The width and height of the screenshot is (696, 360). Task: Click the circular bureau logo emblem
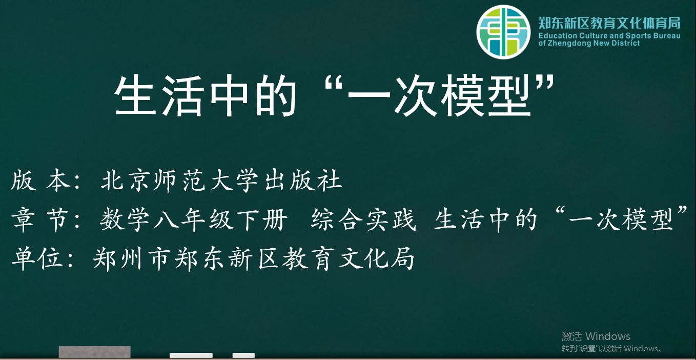click(503, 32)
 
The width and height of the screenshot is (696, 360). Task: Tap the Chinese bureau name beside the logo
click(609, 23)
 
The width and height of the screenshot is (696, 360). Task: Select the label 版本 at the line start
click(40, 181)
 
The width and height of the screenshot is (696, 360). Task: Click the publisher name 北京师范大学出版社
click(221, 181)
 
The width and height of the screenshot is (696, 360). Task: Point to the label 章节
click(40, 219)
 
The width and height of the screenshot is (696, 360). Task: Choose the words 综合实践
click(363, 219)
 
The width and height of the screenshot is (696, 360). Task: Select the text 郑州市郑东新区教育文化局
click(254, 258)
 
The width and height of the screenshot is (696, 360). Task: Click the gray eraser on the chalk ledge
click(94, 352)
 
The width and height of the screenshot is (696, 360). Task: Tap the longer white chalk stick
click(191, 355)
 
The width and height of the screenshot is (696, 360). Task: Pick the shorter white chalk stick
click(243, 355)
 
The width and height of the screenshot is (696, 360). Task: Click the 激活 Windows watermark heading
click(596, 336)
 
